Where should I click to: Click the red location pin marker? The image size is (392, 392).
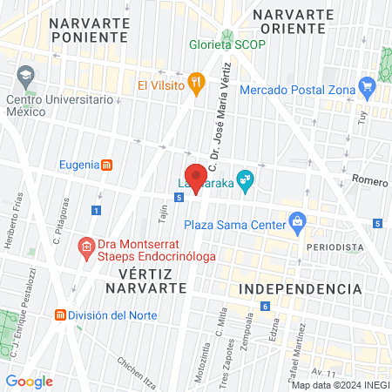(x=196, y=178)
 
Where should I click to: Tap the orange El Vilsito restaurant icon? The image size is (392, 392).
(x=198, y=85)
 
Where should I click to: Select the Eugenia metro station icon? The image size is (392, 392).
(x=106, y=164)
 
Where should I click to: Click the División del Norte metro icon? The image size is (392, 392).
(x=60, y=314)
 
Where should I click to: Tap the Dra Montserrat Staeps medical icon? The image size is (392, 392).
(x=86, y=248)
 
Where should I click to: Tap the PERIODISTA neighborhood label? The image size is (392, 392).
(x=334, y=247)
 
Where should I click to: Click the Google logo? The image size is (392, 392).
(x=29, y=381)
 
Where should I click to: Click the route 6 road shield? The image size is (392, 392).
(x=264, y=306)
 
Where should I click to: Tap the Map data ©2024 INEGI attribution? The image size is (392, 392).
(x=340, y=384)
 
